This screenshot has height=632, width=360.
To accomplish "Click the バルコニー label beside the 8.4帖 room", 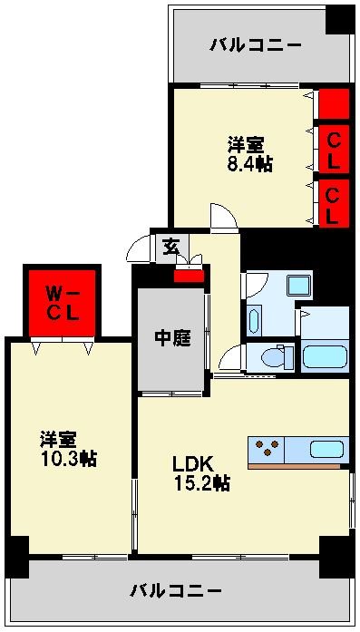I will (255, 44).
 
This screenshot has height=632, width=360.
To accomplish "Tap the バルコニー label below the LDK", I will (177, 591).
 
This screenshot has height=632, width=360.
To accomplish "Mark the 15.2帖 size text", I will (201, 483).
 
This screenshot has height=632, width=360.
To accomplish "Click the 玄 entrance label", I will (170, 246).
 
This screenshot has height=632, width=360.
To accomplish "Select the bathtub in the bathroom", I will (325, 355).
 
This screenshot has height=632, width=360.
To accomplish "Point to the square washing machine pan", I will (298, 285).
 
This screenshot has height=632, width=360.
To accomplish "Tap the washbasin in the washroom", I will (254, 320).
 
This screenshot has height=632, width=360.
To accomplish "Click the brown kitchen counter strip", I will (297, 466).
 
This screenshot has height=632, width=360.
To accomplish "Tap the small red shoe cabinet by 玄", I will (189, 276).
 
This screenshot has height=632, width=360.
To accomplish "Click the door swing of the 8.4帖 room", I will (223, 218).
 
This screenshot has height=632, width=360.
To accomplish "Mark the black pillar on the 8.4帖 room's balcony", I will (341, 19).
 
